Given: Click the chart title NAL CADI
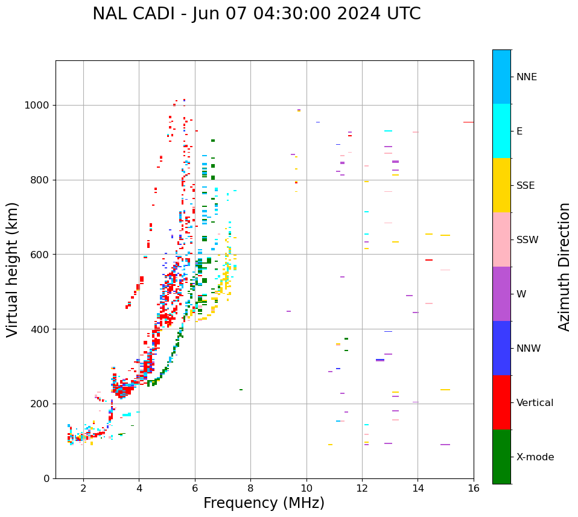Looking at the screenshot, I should pos(256,14).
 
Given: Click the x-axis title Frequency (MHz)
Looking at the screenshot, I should pos(264,503).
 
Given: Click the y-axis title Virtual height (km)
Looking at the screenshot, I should pos(13,269).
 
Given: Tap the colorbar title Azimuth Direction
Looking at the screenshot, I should pos(564,266).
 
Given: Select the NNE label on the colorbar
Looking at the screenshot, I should pos(526,77).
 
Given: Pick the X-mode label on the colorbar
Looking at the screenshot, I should pos(535,457).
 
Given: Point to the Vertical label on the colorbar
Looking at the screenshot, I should pos(535,403).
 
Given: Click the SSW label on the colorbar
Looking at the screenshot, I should pos(527,240).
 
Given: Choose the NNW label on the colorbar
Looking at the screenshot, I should pos(529,349).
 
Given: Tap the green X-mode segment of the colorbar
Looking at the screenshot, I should pos(501,457).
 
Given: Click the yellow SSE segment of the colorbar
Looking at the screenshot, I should pos(501,185).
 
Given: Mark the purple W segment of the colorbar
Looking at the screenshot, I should pos(501,294).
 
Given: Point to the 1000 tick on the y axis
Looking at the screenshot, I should pos(40,106).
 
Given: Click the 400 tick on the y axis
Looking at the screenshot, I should pos(42,329).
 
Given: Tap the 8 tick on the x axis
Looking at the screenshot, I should pos(250,488).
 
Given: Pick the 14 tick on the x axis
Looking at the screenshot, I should pos(418,488).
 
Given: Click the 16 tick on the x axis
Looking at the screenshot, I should pos(474,488).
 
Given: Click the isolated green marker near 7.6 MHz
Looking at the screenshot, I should pos(241,390).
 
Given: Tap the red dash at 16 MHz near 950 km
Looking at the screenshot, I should pos(468,122).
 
